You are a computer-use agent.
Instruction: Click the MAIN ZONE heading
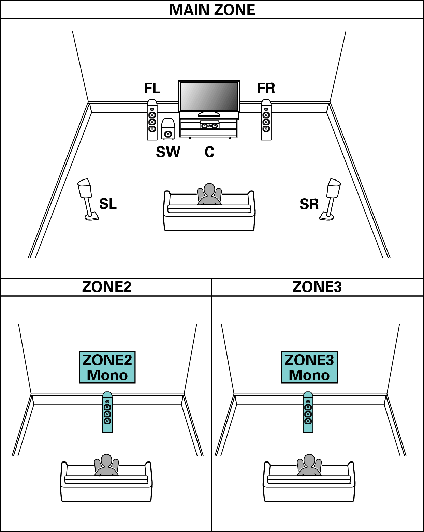(x=212, y=10)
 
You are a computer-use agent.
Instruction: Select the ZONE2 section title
(x=106, y=287)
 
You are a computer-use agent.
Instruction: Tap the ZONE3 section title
(x=317, y=287)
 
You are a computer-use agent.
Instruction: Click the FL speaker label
(x=152, y=88)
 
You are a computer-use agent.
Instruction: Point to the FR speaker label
(x=266, y=88)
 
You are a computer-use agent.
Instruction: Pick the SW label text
(x=168, y=152)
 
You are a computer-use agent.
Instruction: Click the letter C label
(x=209, y=152)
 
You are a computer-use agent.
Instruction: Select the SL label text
(x=108, y=204)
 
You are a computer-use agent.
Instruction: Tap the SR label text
(x=309, y=204)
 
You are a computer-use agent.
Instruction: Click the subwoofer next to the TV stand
(x=168, y=129)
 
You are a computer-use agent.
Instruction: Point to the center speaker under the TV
(x=209, y=125)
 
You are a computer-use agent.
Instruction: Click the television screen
(x=209, y=96)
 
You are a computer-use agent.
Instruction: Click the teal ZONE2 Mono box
(x=107, y=367)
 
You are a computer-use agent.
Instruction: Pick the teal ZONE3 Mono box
(x=309, y=367)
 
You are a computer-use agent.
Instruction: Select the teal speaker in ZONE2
(x=107, y=412)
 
